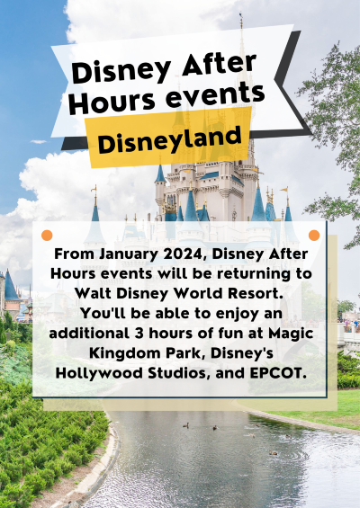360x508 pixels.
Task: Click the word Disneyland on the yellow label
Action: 169,139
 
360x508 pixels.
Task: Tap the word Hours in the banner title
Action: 112,101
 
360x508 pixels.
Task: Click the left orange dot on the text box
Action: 47,236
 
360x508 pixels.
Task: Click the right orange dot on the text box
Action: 314,236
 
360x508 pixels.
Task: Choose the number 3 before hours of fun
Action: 139,334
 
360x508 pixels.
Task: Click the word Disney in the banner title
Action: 121,72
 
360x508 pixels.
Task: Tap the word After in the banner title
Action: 220,65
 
